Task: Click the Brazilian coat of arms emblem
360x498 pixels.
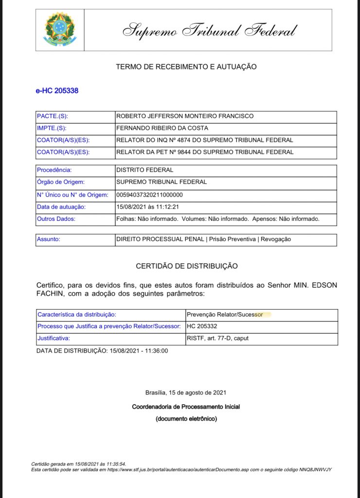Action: pyautogui.click(x=60, y=30)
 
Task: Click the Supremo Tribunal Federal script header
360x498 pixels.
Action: pyautogui.click(x=209, y=30)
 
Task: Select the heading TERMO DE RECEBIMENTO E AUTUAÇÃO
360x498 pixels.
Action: pyautogui.click(x=186, y=67)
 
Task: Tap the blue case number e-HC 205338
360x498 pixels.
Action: pyautogui.click(x=57, y=90)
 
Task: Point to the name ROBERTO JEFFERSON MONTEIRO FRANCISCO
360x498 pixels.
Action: pyautogui.click(x=184, y=116)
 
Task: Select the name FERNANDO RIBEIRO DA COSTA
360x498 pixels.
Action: pyautogui.click(x=162, y=128)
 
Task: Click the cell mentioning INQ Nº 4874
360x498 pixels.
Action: pyautogui.click(x=204, y=140)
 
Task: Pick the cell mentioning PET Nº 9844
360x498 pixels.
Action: pyautogui.click(x=204, y=152)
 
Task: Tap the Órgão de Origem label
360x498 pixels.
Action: pyautogui.click(x=61, y=182)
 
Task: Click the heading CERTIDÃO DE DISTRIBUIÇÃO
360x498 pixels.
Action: pyautogui.click(x=186, y=266)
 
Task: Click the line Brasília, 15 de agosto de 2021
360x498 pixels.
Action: pyautogui.click(x=185, y=392)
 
